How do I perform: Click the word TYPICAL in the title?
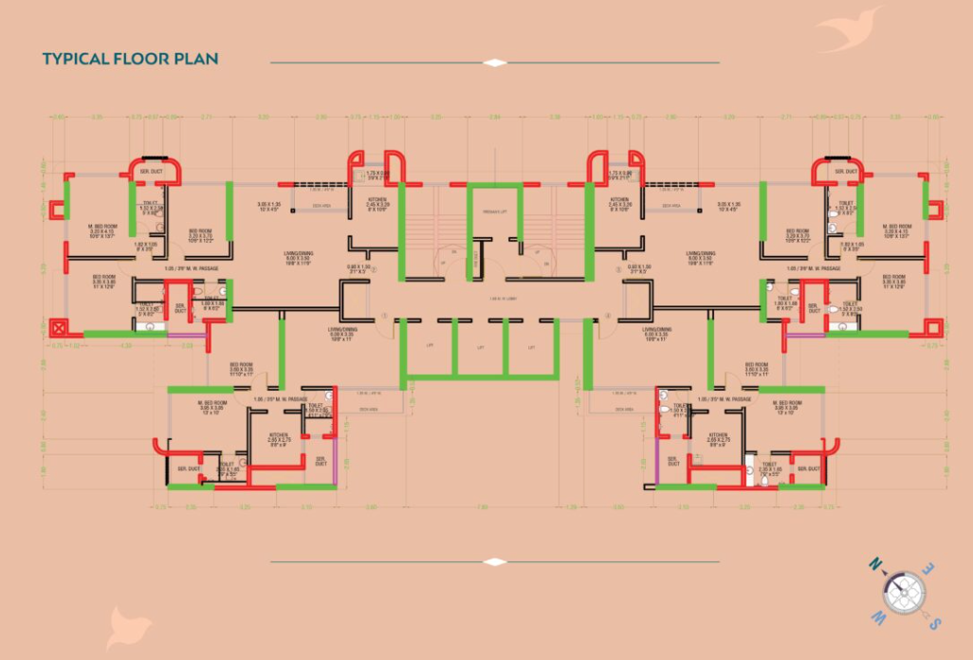click(x=72, y=59)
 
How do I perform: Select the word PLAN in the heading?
click(x=195, y=59)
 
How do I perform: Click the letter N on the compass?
click(x=877, y=567)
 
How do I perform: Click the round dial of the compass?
click(x=904, y=593)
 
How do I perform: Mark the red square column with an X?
click(x=60, y=330)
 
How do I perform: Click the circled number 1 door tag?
click(x=384, y=314)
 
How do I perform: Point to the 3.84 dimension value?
click(x=494, y=117)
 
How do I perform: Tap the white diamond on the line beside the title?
click(x=495, y=63)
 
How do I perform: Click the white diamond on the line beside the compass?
click(x=495, y=561)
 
